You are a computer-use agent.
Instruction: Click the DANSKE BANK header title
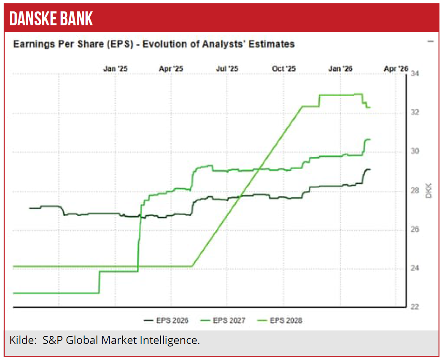tap(51, 19)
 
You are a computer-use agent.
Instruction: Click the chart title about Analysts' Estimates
tap(154, 44)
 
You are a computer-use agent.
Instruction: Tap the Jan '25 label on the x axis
tap(116, 68)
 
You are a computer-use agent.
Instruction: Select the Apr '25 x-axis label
tap(171, 68)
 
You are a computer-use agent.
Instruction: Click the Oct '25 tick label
tap(284, 68)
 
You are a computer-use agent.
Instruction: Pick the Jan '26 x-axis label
tap(340, 68)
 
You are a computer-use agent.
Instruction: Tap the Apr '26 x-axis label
tap(396, 68)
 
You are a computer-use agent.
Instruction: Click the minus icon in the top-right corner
tap(430, 41)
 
